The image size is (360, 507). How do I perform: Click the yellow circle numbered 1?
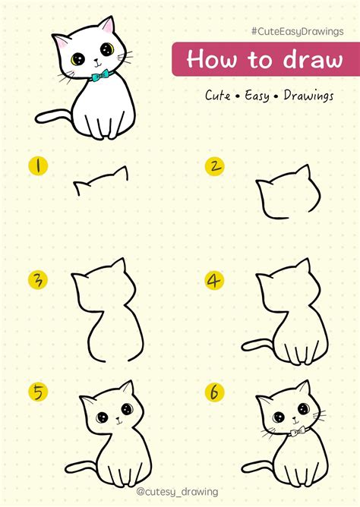tap(34, 165)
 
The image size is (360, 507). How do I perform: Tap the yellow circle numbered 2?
tap(216, 165)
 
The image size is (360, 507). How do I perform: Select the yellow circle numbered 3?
tap(34, 279)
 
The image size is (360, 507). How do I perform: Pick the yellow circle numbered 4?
tap(215, 280)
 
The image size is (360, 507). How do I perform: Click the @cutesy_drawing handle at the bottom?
tap(179, 492)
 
